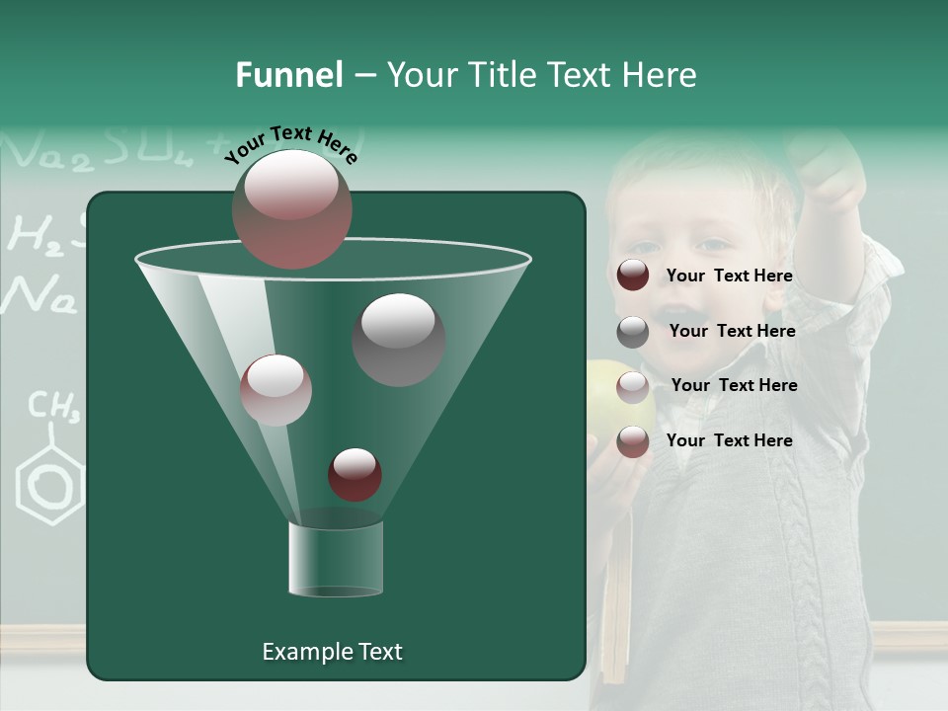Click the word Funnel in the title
(x=289, y=75)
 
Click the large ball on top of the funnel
(x=291, y=208)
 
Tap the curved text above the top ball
(x=291, y=144)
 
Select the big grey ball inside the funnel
(x=398, y=339)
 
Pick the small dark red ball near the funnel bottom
(x=355, y=474)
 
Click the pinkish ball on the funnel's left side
(x=276, y=390)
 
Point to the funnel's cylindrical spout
(x=336, y=559)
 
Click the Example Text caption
(x=332, y=652)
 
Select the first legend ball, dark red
(x=633, y=276)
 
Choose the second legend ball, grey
(x=633, y=332)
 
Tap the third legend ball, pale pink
(x=633, y=386)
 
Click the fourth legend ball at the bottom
(x=633, y=441)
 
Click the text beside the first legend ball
(x=729, y=276)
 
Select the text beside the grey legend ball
(x=732, y=332)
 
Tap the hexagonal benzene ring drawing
(x=49, y=484)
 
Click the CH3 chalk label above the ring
(x=52, y=405)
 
